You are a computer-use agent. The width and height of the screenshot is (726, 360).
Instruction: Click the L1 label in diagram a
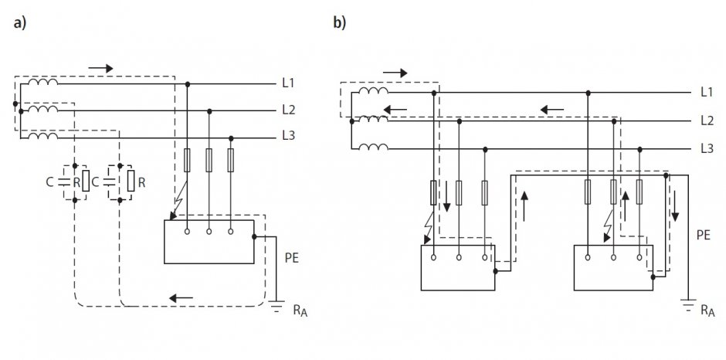288,83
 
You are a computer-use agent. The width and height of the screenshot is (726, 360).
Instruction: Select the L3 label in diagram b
707,148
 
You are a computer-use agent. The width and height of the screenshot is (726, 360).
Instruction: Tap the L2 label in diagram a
288,110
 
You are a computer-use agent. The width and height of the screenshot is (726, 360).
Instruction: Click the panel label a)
20,23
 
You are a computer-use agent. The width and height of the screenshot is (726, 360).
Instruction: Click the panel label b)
339,22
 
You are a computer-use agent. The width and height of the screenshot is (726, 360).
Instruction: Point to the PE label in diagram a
292,258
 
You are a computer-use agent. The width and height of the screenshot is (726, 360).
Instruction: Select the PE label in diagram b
704,235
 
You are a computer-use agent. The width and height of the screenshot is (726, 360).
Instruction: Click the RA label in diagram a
300,310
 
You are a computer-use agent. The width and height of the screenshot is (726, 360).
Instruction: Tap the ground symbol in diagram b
688,304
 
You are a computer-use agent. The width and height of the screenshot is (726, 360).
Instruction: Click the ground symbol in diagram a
276,306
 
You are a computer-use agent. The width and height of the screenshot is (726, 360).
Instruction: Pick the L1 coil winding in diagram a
43,82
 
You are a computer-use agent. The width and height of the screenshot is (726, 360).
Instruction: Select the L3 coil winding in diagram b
374,147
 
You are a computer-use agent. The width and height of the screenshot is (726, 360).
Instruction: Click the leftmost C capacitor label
49,182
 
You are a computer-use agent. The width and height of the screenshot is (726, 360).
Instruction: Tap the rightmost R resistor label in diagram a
141,182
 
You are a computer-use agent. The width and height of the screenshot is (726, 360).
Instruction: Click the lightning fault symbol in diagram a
179,199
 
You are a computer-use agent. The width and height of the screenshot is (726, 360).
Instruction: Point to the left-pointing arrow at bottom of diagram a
181,298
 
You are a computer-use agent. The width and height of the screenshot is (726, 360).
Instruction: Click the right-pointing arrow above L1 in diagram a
100,69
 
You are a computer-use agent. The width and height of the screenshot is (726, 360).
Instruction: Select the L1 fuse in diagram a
187,161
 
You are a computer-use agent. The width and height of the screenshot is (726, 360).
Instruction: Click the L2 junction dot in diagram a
209,111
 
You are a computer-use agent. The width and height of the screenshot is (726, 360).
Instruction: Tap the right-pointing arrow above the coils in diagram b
395,73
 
